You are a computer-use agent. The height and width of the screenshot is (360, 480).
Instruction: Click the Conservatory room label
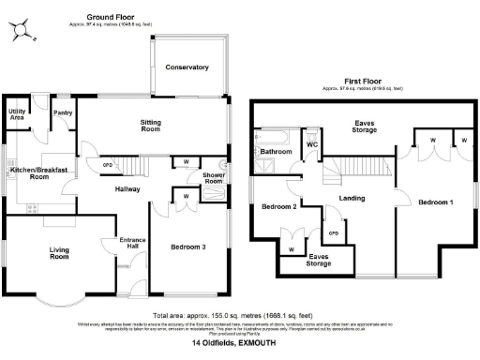[x=187, y=67]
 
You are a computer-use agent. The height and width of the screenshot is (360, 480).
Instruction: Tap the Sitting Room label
[x=151, y=126]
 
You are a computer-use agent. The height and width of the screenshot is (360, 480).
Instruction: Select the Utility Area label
[x=17, y=114]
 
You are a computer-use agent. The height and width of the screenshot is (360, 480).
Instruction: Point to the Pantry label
[x=63, y=112]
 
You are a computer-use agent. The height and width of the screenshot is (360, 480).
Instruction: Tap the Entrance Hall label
[x=130, y=245]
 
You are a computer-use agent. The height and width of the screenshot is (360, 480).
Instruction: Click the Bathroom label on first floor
[x=277, y=151]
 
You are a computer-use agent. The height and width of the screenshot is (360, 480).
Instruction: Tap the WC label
[x=312, y=145]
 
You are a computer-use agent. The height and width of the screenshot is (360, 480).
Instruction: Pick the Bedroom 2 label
[x=278, y=206]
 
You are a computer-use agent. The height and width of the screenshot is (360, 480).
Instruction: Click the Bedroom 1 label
[x=436, y=202]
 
